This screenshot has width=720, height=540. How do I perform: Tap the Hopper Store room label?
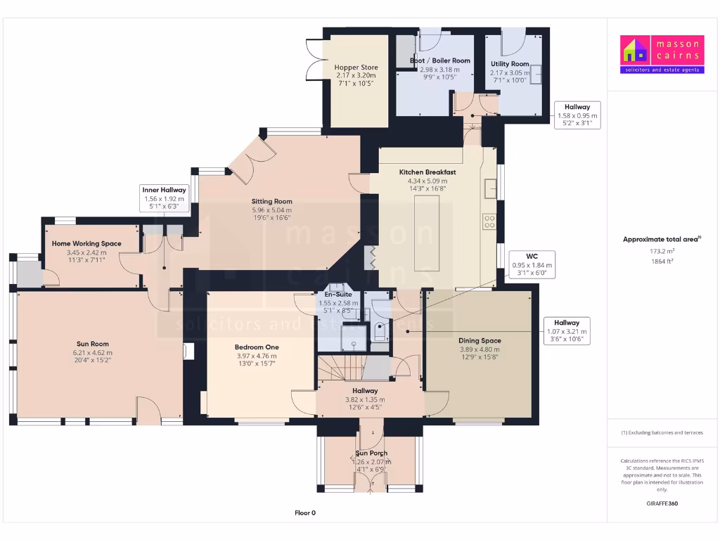356,68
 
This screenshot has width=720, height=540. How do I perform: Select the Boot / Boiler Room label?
439,61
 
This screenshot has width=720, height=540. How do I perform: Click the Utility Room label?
510,64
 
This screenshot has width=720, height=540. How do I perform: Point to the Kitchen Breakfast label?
427,172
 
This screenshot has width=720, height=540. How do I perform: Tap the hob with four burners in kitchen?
489,221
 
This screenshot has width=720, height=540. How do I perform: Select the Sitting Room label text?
272,201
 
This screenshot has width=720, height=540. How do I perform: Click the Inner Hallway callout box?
164,199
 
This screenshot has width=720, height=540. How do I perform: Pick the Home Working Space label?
86,244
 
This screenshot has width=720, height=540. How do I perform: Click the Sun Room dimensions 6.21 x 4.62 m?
92,352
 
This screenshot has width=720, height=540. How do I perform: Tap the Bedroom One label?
257,347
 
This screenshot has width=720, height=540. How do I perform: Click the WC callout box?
532,264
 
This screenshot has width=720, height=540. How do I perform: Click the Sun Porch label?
371,454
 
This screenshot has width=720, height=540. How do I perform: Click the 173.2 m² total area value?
662,251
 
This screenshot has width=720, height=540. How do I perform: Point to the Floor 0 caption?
304,513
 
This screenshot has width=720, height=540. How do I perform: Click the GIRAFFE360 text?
662,503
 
